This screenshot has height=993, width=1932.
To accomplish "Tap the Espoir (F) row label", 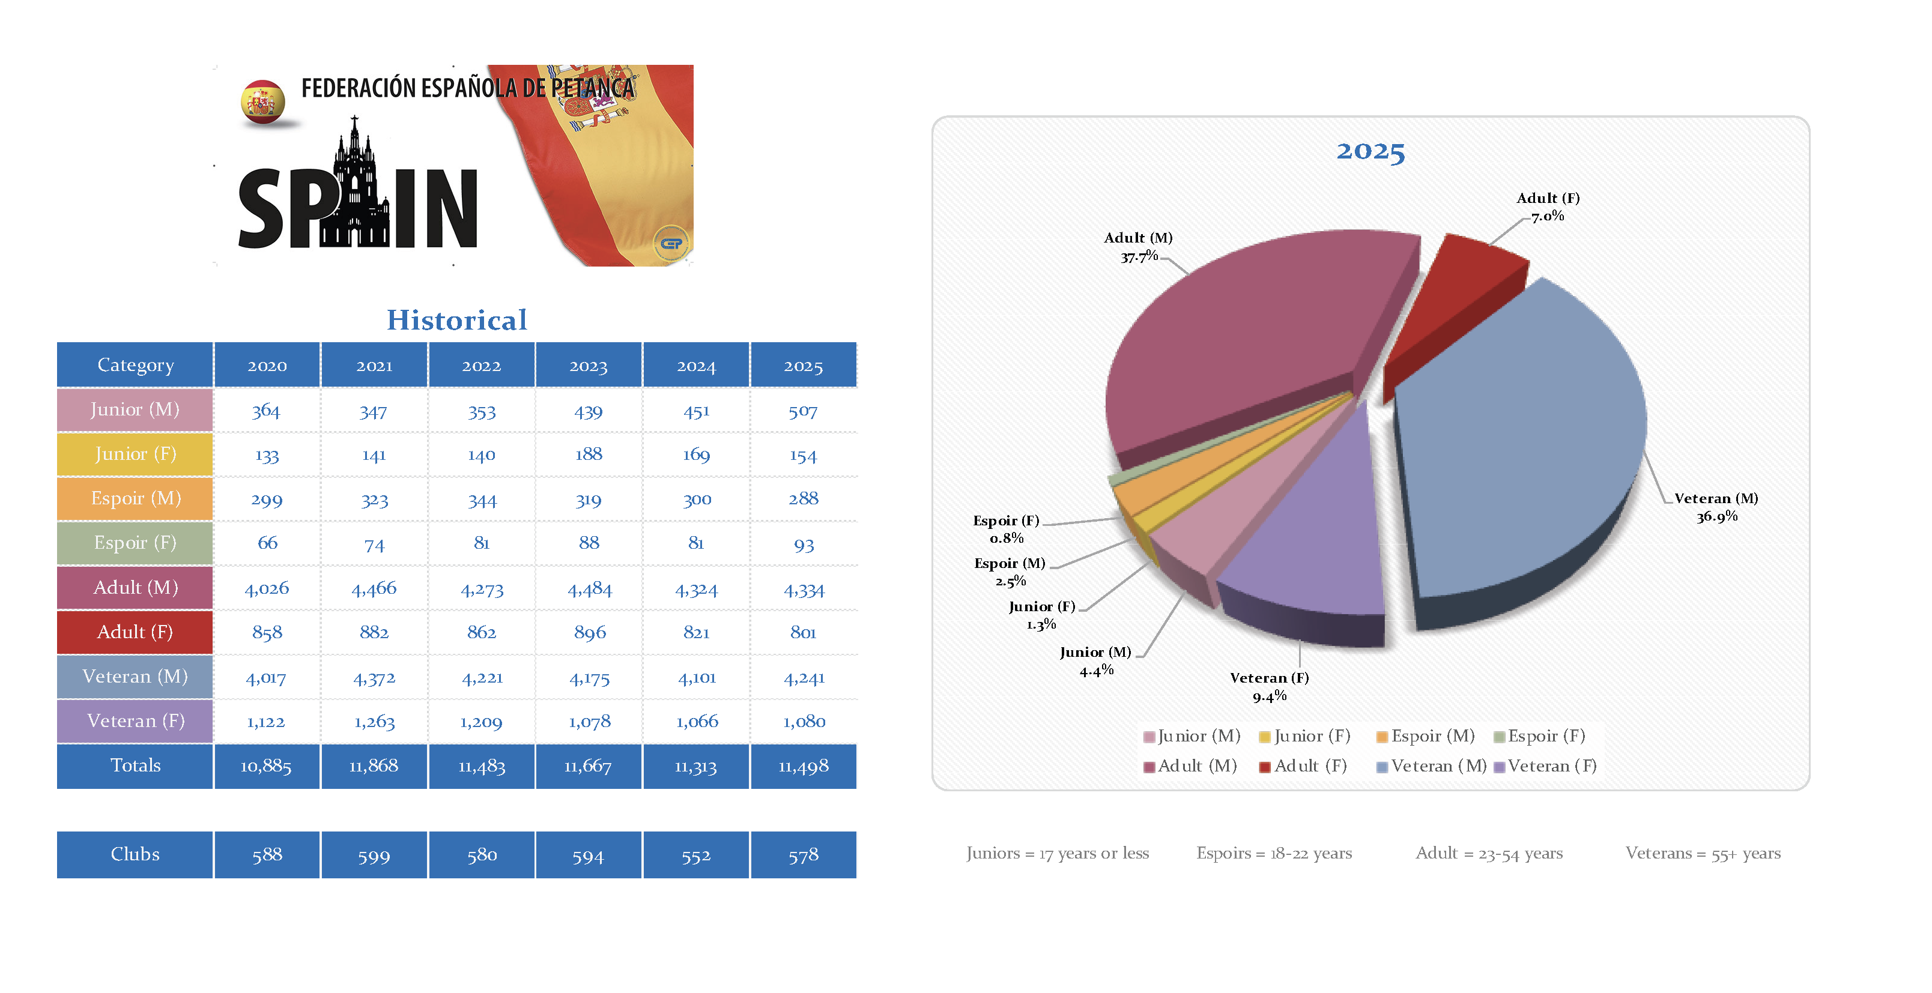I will pyautogui.click(x=135, y=543).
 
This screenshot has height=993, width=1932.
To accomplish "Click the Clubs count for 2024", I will pyautogui.click(x=695, y=856).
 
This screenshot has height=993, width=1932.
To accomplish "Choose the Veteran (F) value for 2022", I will pyautogui.click(x=481, y=722).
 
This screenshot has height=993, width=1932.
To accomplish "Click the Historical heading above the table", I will pyautogui.click(x=457, y=320).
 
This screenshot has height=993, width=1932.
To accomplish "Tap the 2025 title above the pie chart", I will pyautogui.click(x=1370, y=151).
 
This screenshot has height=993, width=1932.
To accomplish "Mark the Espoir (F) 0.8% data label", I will pyautogui.click(x=1006, y=529).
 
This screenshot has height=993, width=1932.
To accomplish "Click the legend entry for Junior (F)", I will pyautogui.click(x=1305, y=737).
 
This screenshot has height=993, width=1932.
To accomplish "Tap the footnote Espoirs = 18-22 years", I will pyautogui.click(x=1274, y=854).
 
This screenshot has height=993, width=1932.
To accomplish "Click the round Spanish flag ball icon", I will pyautogui.click(x=262, y=102).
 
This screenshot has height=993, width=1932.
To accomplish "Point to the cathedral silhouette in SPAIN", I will pyautogui.click(x=356, y=187).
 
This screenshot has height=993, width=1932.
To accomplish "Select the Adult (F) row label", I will pyautogui.click(x=135, y=632).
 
